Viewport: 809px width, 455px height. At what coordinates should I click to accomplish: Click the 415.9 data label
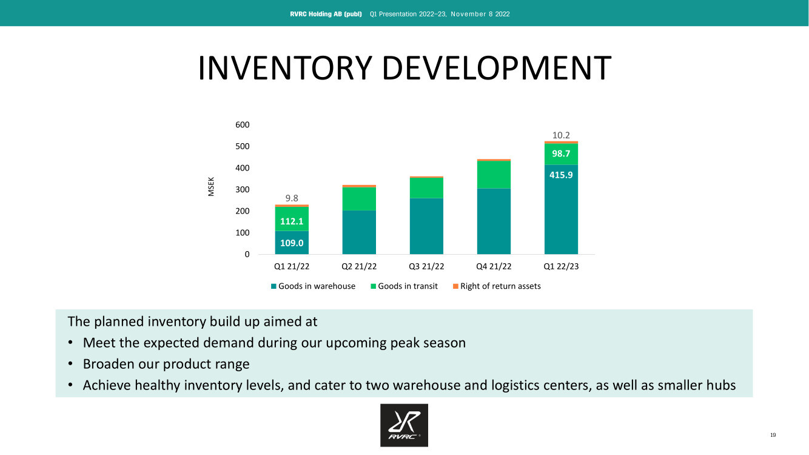pos(561,175)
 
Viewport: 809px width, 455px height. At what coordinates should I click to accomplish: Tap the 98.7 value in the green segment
pos(561,153)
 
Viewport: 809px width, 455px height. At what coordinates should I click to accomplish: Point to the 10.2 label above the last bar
pos(561,135)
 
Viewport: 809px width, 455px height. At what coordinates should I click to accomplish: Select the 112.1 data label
pos(292,221)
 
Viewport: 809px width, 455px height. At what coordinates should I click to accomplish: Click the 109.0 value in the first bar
pos(292,243)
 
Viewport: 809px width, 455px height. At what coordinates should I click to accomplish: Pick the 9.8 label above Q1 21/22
pos(292,198)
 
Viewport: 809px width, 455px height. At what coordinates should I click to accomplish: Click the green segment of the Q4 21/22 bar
pos(494,175)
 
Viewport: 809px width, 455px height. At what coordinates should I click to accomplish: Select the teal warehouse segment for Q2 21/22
pos(359,232)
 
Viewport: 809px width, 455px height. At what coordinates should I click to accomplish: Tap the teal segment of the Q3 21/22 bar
pos(426,226)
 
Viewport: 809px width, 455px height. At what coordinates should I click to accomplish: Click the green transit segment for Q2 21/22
pos(359,199)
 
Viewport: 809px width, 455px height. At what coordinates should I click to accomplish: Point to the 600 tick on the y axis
pos(243,125)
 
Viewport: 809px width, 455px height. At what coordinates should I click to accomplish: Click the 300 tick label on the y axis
pos(243,189)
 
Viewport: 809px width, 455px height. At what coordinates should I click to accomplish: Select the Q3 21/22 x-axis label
pos(426,266)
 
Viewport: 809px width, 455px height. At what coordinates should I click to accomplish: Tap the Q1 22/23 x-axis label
pos(561,266)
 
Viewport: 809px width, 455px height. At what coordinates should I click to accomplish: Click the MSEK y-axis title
pos(211,186)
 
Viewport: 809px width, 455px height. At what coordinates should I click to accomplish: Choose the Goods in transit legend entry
pos(404,286)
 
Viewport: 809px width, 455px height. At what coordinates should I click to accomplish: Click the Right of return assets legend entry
pos(497,286)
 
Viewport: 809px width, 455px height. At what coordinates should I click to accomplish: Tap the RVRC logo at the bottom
pos(404,425)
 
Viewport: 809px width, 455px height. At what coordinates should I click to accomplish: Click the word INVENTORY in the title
pos(285,68)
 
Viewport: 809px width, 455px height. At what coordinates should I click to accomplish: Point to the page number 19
pos(773,435)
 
